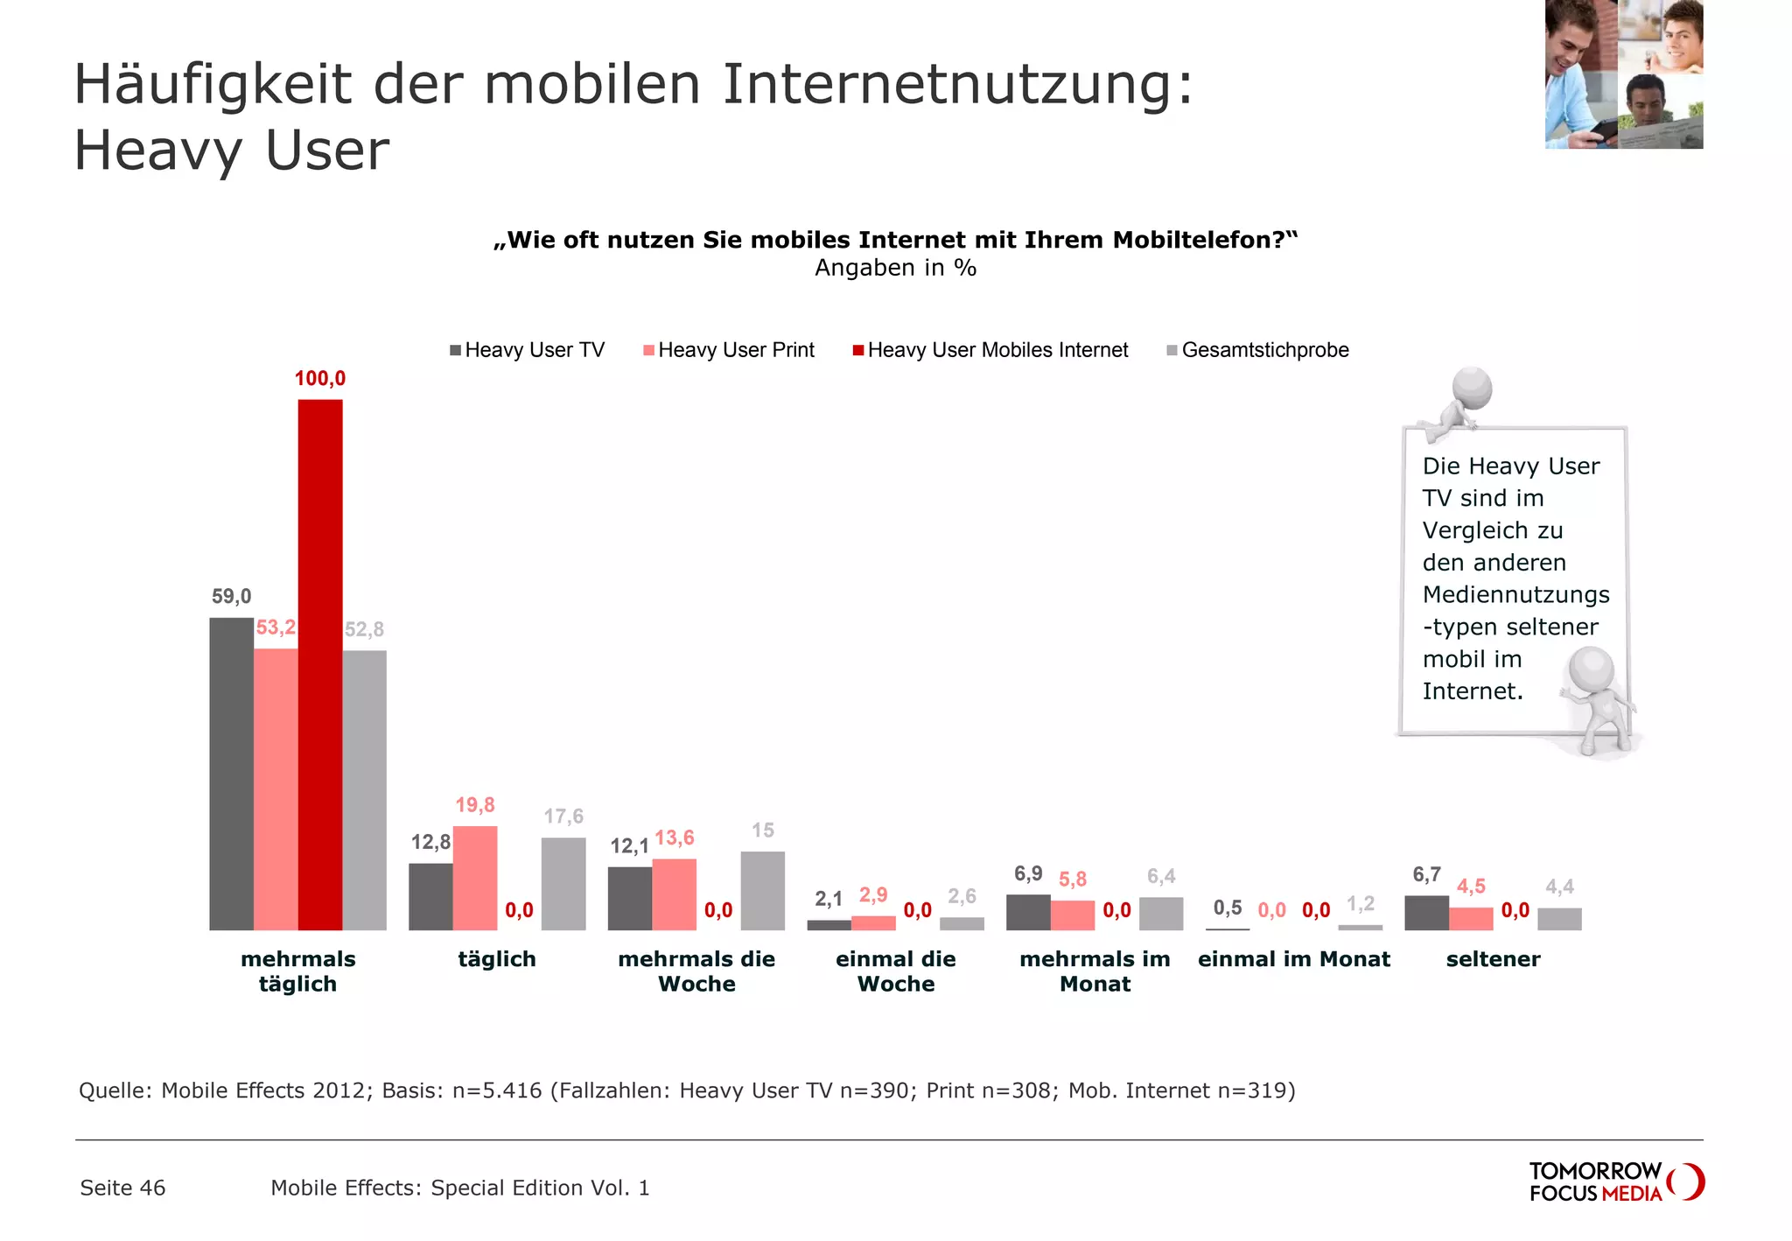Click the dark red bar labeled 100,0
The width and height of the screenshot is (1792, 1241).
click(x=319, y=665)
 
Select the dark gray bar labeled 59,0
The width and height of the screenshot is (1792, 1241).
click(x=231, y=774)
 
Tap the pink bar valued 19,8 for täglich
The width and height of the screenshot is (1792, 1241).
click(x=475, y=878)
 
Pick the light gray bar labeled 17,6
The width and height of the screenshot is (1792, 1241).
click(x=563, y=884)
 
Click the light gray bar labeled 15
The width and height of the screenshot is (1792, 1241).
click(x=762, y=891)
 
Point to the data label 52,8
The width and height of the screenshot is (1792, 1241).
click(x=364, y=630)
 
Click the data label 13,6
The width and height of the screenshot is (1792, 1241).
click(x=675, y=838)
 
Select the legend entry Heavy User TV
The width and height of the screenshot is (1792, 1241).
click(x=527, y=351)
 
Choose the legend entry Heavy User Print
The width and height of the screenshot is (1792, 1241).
click(x=729, y=351)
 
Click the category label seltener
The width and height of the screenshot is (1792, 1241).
click(x=1493, y=959)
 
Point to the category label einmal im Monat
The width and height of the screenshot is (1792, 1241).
click(x=1293, y=959)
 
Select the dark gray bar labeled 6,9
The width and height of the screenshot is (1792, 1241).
click(x=1028, y=913)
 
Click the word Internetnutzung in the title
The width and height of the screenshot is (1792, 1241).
click(x=957, y=85)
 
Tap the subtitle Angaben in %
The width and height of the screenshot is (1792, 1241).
click(x=895, y=268)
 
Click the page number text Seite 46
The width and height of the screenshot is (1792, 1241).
click(x=122, y=1188)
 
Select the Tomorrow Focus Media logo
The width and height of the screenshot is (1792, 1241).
click(x=1615, y=1182)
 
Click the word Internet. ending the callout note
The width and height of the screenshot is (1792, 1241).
click(x=1473, y=691)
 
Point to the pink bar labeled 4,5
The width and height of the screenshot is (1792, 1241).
click(x=1471, y=919)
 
